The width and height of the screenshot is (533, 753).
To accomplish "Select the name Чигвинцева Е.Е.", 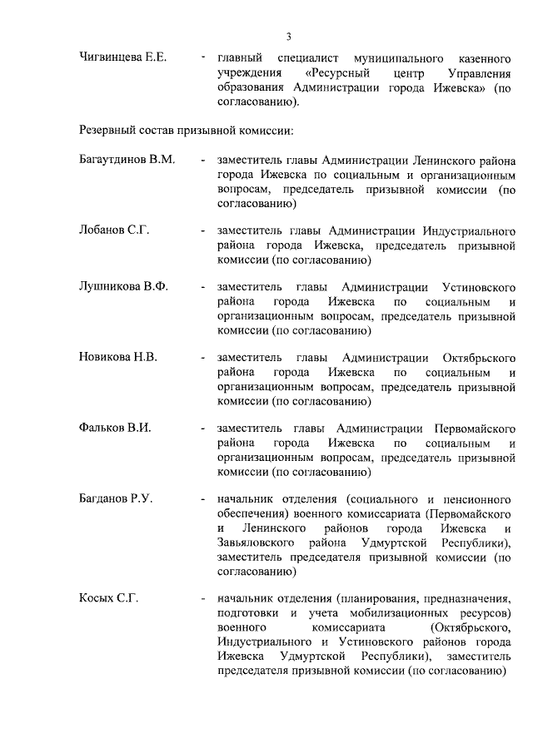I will click(123, 57).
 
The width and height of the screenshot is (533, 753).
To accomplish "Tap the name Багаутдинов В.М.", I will click(127, 160).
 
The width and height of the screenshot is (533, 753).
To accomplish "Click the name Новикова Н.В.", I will click(118, 357).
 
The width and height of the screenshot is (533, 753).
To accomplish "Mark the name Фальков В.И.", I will click(115, 428).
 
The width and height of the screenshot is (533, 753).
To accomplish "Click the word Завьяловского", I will click(257, 543).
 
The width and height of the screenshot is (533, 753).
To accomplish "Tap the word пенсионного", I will click(477, 498).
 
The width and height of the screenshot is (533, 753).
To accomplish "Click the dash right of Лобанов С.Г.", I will click(202, 230).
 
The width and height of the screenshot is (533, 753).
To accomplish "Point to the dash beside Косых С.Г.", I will click(202, 599).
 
